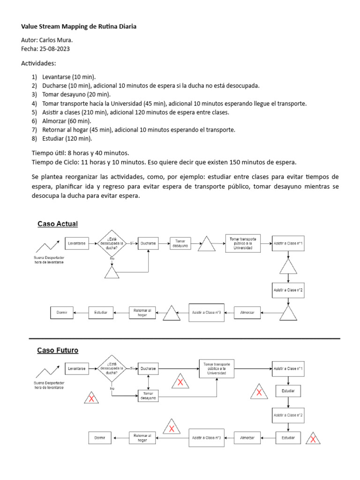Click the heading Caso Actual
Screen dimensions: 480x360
pyautogui.click(x=58, y=224)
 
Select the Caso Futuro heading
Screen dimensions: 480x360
pyautogui.click(x=58, y=350)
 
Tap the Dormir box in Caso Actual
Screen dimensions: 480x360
pyautogui.click(x=62, y=312)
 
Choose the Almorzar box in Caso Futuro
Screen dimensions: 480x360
pyautogui.click(x=247, y=438)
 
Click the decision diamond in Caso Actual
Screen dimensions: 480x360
pyautogui.click(x=112, y=244)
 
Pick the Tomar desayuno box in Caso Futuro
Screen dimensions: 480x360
pyautogui.click(x=149, y=396)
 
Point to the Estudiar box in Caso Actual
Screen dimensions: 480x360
pyautogui.click(x=101, y=312)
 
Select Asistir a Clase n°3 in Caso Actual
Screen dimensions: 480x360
pyautogui.click(x=206, y=312)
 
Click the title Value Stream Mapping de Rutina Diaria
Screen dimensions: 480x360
pyautogui.click(x=79, y=27)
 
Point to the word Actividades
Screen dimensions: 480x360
pyautogui.click(x=38, y=63)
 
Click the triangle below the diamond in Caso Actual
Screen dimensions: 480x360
pyautogui.click(x=112, y=273)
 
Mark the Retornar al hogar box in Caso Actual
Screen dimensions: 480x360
pyautogui.click(x=142, y=312)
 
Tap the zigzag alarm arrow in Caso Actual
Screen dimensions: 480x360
pyautogui.click(x=49, y=246)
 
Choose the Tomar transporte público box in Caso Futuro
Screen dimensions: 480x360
pyautogui.click(x=216, y=369)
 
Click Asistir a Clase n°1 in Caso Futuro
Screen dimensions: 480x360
pyautogui.click(x=288, y=369)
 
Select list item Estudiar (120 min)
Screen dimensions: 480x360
pyautogui.click(x=67, y=138)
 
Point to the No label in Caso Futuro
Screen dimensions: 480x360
pyautogui.click(x=112, y=389)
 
